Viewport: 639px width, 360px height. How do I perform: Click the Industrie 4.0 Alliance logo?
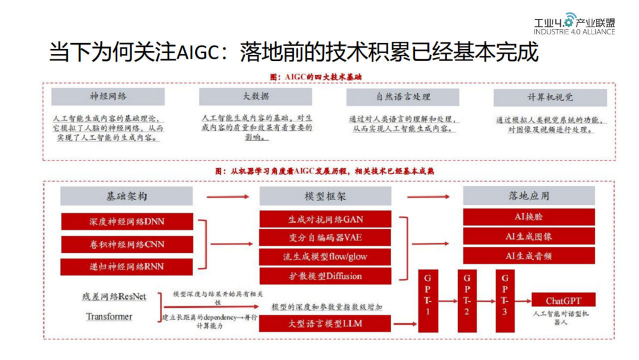(573, 24)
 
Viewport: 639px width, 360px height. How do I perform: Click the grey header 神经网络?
(108, 97)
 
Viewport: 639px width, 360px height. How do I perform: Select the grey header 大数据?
(256, 97)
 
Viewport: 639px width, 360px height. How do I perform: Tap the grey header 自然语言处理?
(403, 97)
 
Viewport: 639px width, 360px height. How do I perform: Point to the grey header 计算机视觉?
(550, 97)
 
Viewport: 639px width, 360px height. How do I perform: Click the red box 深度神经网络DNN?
(127, 221)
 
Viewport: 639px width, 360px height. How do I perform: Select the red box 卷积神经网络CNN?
(127, 244)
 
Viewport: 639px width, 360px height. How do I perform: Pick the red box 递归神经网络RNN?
(127, 266)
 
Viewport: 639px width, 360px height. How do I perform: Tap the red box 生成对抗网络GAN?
(325, 219)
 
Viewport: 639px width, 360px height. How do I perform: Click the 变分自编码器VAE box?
(325, 238)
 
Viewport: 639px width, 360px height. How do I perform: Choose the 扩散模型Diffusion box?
(325, 276)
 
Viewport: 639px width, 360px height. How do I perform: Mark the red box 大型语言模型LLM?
(325, 323)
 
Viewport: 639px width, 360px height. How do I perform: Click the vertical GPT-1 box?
(428, 301)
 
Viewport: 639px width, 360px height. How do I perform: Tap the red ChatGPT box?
(563, 300)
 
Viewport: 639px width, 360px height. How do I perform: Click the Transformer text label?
(109, 317)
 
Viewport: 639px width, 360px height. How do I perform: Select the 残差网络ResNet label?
(114, 297)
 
